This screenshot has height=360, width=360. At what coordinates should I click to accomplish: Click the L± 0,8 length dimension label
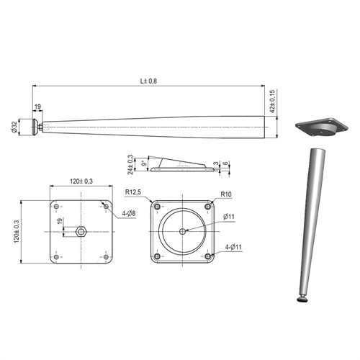(x=148, y=81)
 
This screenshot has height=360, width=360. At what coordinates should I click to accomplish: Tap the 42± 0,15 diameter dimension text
(x=272, y=102)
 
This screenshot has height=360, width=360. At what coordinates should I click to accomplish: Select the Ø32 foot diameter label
(x=14, y=127)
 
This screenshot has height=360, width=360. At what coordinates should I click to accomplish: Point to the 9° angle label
(x=144, y=163)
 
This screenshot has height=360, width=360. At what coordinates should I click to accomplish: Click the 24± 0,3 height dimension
(x=130, y=164)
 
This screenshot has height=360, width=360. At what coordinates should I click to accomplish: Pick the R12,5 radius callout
(x=133, y=192)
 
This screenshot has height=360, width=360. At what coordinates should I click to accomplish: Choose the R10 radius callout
(x=226, y=194)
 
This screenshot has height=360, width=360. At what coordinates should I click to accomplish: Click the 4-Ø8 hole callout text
(x=129, y=213)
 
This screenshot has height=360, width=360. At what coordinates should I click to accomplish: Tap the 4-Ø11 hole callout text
(x=233, y=247)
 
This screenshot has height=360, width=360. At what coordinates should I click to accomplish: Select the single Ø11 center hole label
(x=229, y=217)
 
